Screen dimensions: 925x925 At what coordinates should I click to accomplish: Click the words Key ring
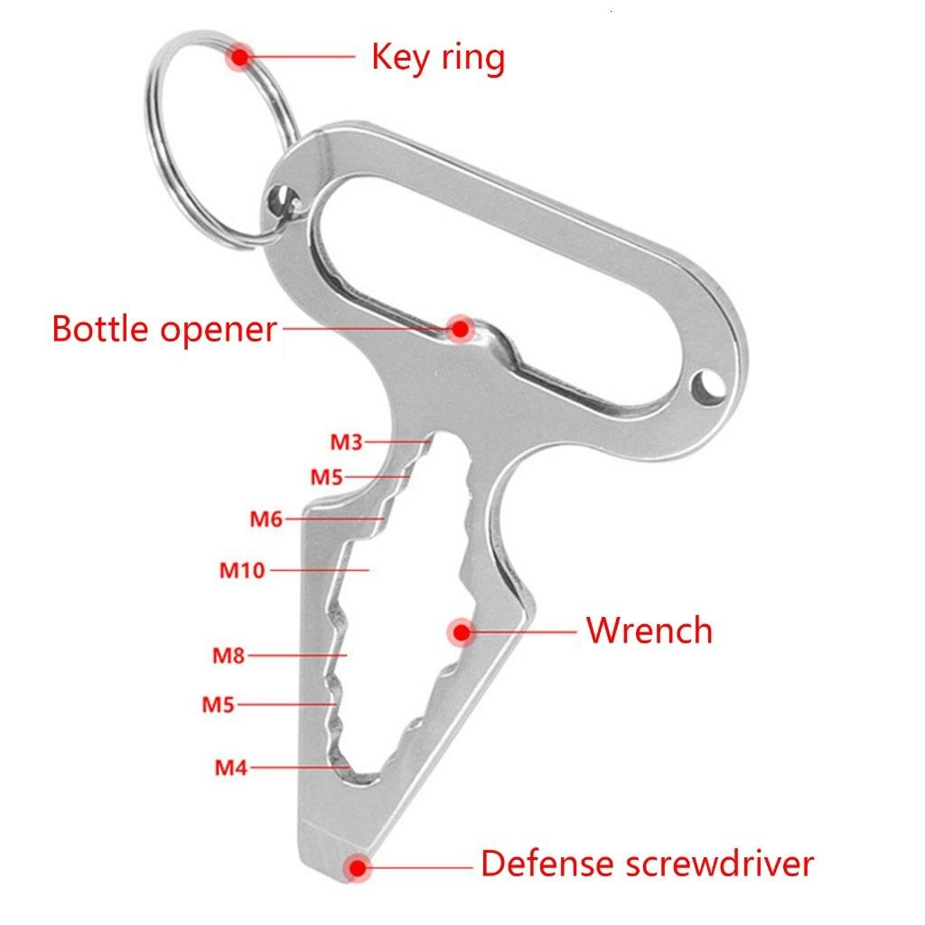(x=438, y=58)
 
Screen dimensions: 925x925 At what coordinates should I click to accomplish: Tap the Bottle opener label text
(x=164, y=329)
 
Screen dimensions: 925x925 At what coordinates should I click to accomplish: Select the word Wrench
(x=649, y=630)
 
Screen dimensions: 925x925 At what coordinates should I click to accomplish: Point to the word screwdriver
(x=720, y=864)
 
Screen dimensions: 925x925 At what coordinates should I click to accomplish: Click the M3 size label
(x=346, y=442)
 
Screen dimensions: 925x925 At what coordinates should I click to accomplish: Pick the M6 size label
(x=266, y=519)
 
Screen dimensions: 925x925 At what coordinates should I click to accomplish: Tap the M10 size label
(x=242, y=571)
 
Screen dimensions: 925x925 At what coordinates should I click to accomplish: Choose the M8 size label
(x=229, y=656)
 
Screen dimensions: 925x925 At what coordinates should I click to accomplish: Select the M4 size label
(x=230, y=768)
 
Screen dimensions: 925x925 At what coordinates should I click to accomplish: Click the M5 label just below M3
(x=327, y=477)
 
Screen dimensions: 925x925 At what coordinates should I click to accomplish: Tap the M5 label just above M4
(x=219, y=705)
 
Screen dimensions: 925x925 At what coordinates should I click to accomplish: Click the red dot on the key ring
(x=240, y=57)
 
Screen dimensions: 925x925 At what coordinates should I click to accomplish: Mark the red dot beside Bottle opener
(x=460, y=329)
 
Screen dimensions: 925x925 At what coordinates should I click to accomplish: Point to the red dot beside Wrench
(x=462, y=631)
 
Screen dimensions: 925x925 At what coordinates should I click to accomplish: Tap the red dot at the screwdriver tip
(x=358, y=867)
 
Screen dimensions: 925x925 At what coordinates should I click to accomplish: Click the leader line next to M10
(x=320, y=571)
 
